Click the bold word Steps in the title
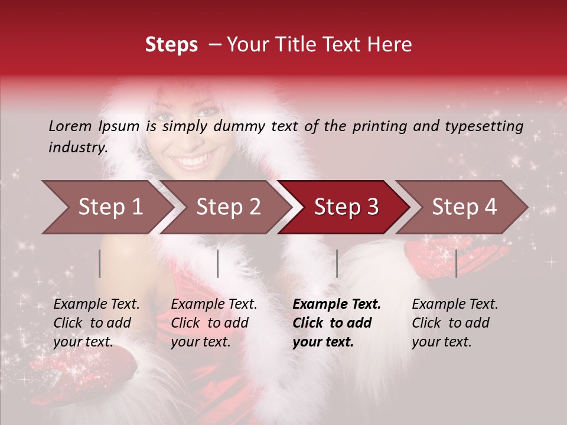pos(171,45)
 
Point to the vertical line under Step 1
pos(100,263)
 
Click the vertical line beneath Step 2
pos(218,263)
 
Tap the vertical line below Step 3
pos(337,263)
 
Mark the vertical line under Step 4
pos(456,263)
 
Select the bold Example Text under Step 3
pos(336,323)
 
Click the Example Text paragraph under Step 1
pos(96,323)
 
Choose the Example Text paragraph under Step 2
pos(214,323)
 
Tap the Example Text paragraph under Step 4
pos(455,323)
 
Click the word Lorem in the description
pos(70,126)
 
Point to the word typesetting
pos(484,126)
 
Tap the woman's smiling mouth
pos(194,160)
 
